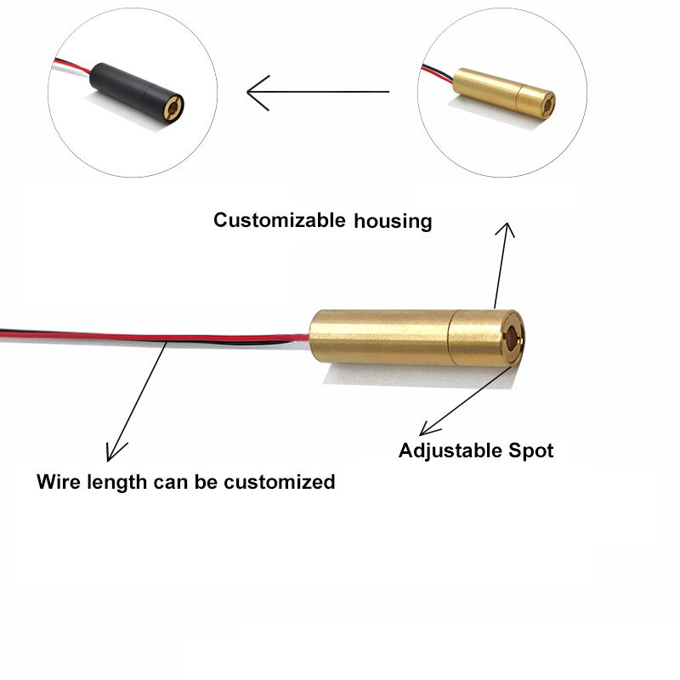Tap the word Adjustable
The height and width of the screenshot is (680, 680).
coord(446,450)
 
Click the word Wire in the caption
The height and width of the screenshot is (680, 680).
coord(58,482)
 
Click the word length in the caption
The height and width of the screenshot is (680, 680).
coord(116,482)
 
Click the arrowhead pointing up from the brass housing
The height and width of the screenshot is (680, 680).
coord(508,229)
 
